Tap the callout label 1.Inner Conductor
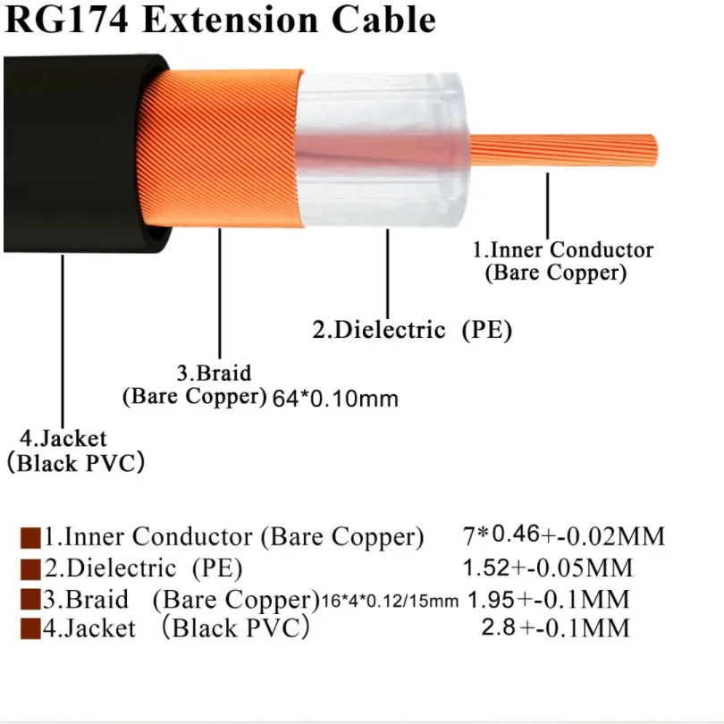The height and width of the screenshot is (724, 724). click(562, 251)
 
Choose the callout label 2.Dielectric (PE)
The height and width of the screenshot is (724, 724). click(412, 330)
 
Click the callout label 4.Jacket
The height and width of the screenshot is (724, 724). click(63, 439)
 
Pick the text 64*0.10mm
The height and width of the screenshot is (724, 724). click(335, 399)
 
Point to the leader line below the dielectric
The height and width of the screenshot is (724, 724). click(388, 268)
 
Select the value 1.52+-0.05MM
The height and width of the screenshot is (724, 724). click(547, 568)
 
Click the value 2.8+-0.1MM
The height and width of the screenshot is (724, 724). click(555, 627)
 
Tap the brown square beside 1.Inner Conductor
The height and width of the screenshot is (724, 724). click(31, 538)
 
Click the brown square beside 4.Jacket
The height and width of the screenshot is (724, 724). click(31, 628)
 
